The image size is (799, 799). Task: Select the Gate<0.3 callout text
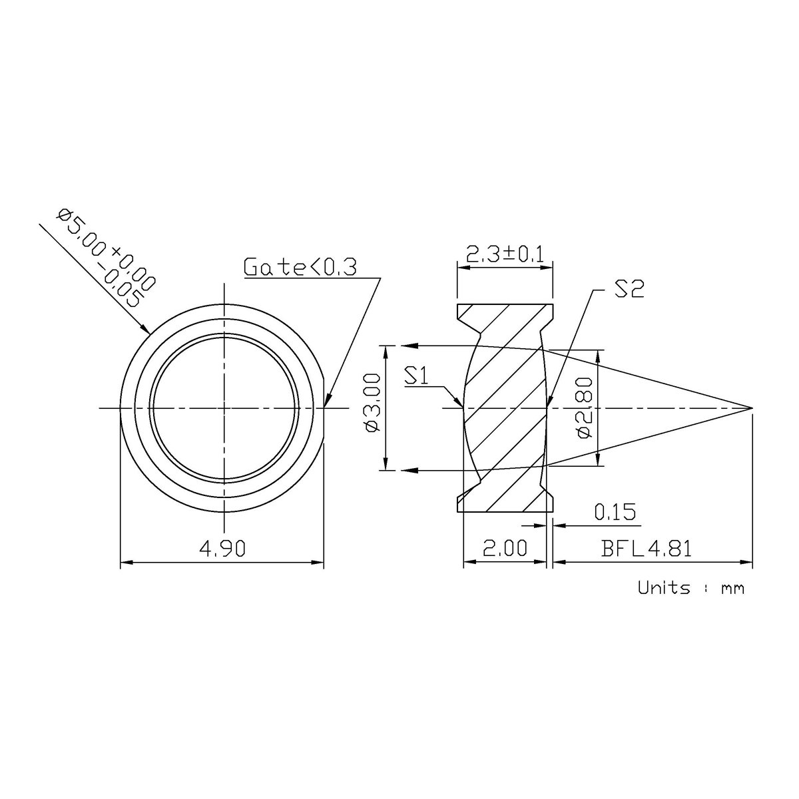(300, 267)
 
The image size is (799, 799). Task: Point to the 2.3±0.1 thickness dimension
(505, 254)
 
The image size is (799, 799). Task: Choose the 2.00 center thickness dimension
(504, 548)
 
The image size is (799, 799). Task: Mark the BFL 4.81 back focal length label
(647, 548)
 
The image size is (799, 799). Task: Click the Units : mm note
(690, 588)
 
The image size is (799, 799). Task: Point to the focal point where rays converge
(752, 407)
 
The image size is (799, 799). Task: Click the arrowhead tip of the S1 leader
(463, 405)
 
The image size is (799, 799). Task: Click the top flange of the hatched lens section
(505, 314)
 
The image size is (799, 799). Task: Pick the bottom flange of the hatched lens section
(505, 503)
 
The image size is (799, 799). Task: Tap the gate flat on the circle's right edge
(324, 407)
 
